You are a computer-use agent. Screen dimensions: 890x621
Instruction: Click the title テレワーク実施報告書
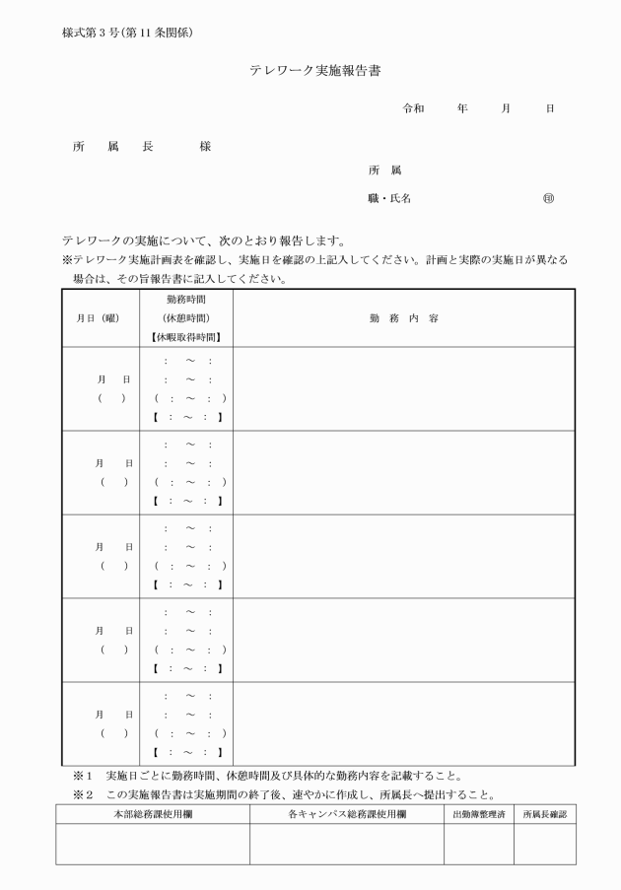click(314, 71)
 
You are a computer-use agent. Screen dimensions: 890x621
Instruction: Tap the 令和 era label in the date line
click(413, 109)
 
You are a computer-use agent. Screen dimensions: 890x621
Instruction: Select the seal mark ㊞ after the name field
click(548, 198)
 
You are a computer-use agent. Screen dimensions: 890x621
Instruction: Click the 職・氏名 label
click(389, 198)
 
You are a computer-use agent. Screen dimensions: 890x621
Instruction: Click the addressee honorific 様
click(205, 147)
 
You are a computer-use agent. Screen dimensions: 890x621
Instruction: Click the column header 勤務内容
click(403, 318)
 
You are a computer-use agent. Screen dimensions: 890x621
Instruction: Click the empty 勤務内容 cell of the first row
click(403, 388)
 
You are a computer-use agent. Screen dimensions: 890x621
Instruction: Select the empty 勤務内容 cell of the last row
click(403, 723)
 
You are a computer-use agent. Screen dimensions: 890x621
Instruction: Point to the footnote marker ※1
click(82, 775)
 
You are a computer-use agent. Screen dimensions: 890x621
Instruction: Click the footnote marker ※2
click(82, 795)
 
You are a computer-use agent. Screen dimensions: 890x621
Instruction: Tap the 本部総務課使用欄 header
click(152, 814)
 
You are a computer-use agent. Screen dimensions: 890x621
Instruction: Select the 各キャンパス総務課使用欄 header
click(346, 814)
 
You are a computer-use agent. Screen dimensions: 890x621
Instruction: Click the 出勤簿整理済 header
click(478, 814)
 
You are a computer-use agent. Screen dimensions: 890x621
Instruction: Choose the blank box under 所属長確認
click(544, 845)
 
